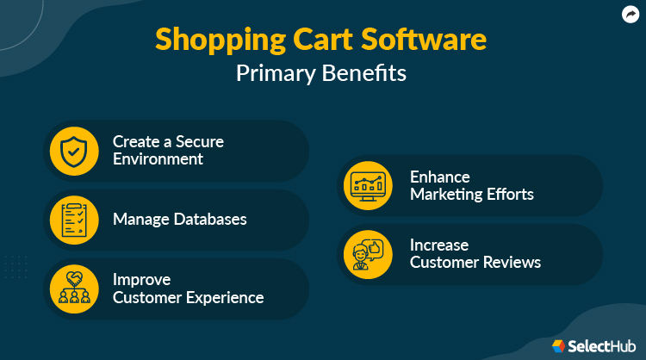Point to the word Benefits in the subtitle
pyautogui.click(x=365, y=74)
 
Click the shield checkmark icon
pyautogui.click(x=75, y=150)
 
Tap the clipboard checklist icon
pyautogui.click(x=75, y=219)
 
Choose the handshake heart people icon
pyautogui.click(x=75, y=288)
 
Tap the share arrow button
pyautogui.click(x=630, y=15)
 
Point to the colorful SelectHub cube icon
pyautogui.click(x=559, y=345)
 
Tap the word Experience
pyautogui.click(x=222, y=298)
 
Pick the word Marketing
pyautogui.click(x=446, y=195)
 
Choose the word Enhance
pyautogui.click(x=439, y=176)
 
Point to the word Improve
pyautogui.click(x=141, y=280)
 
